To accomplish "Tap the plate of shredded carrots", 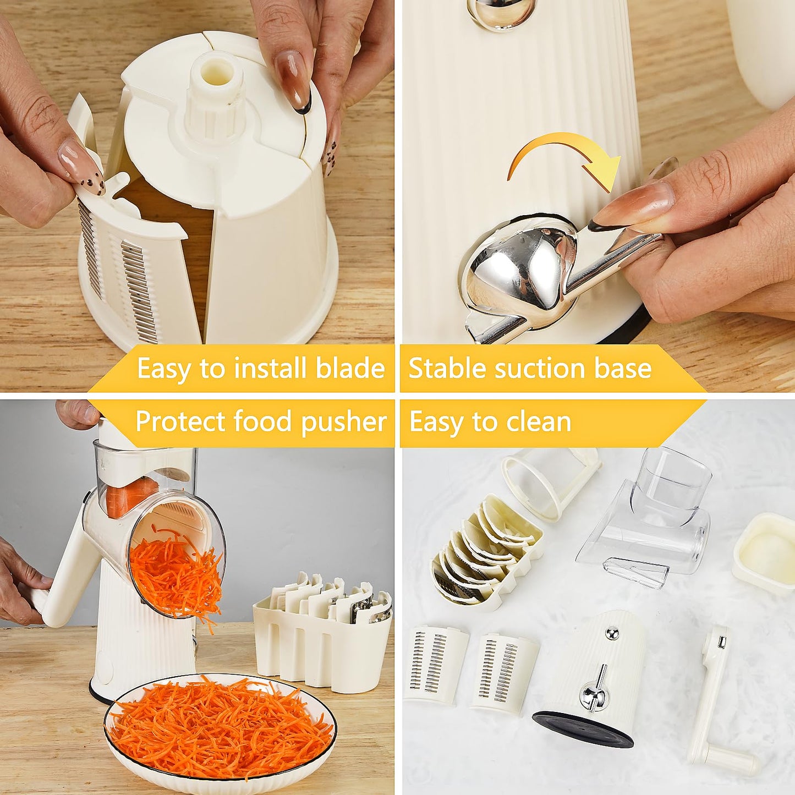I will [220, 729].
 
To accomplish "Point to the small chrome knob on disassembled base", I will [612, 634].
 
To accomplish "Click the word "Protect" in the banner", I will [180, 422].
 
